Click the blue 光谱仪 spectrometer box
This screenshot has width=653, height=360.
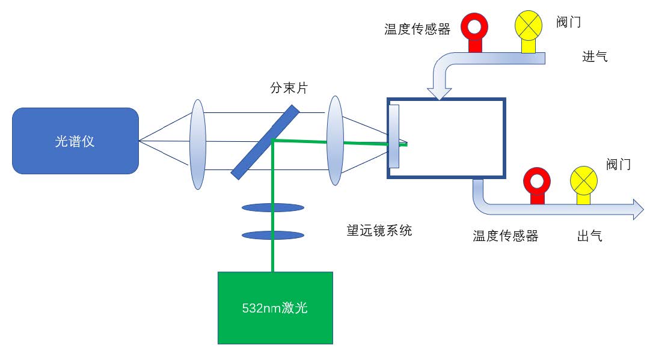click(75, 141)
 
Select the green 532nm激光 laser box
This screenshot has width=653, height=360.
click(275, 308)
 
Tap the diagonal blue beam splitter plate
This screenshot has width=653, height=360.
click(265, 142)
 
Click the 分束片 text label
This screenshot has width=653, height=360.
click(289, 88)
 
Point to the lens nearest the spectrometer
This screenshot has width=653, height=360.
click(198, 144)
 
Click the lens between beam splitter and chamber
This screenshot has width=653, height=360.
click(335, 141)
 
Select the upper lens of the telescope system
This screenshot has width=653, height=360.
click(272, 208)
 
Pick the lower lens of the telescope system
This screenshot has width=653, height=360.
click(272, 234)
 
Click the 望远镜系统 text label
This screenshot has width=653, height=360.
click(379, 230)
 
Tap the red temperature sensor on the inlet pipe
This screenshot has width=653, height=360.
click(474, 27)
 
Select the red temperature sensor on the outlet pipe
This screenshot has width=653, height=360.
click(536, 181)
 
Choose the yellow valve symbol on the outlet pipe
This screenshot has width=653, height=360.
click(583, 181)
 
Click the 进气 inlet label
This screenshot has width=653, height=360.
click(595, 57)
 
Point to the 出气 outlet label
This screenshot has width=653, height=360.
click(589, 236)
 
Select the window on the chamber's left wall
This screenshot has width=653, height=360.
click(394, 136)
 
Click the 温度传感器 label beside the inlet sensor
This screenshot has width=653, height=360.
click(417, 29)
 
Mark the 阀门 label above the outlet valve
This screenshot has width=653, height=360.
click(618, 164)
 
